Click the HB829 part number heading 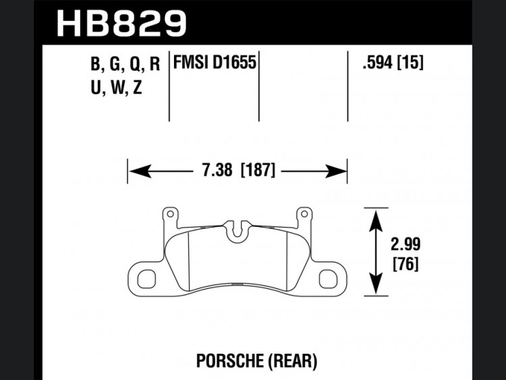tap(121, 24)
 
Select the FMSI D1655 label tap(215, 62)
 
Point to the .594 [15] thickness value tap(393, 62)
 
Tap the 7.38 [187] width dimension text tap(239, 170)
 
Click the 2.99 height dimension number tap(405, 244)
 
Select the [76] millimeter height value tap(405, 264)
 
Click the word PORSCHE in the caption tap(230, 360)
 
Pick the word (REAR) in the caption tap(292, 361)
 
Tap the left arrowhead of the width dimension tap(140, 171)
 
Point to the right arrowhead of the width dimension tap(336, 171)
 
